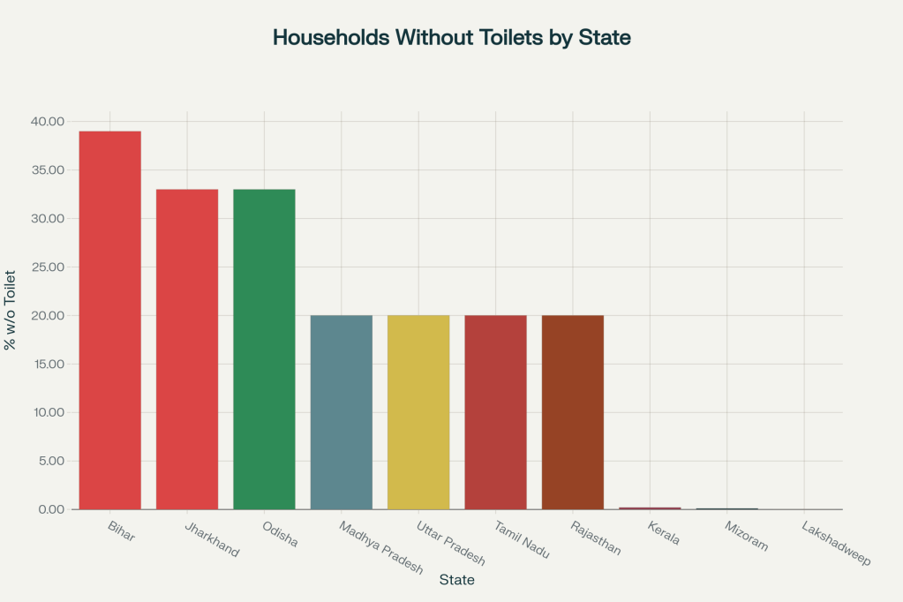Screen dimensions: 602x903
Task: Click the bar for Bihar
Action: [x=109, y=320]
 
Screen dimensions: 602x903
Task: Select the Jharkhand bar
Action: [x=186, y=349]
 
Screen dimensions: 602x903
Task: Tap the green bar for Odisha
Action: [x=264, y=349]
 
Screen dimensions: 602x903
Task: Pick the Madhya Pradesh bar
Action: [x=341, y=411]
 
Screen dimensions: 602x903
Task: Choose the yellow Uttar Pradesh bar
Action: [x=418, y=411]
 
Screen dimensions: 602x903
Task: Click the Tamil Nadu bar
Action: [x=495, y=411]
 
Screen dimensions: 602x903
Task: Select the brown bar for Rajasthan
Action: [x=573, y=411]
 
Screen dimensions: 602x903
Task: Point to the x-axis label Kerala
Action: [x=663, y=534]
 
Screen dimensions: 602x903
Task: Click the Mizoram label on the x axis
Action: [x=746, y=538]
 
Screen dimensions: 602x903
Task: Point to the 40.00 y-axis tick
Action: [x=46, y=121]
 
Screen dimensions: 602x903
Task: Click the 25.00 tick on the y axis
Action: [x=46, y=267]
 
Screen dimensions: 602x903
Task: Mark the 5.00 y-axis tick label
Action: [x=49, y=461]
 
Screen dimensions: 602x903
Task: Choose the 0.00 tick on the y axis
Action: [x=49, y=509]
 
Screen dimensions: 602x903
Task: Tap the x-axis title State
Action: [x=456, y=580]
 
